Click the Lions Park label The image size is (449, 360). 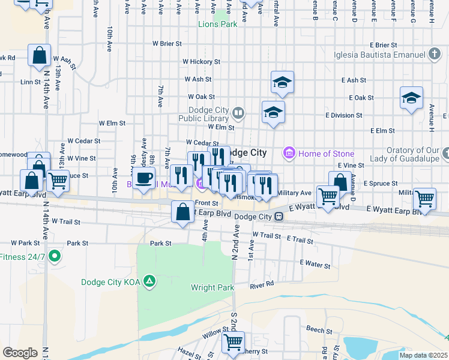[218, 24]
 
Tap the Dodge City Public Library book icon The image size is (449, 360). [238, 112]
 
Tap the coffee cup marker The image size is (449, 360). [144, 178]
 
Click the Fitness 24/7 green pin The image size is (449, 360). [55, 257]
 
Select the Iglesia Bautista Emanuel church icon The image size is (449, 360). [435, 55]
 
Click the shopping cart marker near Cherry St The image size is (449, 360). [233, 343]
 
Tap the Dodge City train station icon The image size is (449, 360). [279, 217]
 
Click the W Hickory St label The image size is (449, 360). [202, 62]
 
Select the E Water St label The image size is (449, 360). [315, 265]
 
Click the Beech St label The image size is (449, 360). [319, 331]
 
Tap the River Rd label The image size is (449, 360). [262, 284]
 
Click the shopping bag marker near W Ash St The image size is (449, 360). [39, 56]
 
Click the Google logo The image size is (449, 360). [20, 353]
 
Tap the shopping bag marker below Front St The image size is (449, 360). [183, 212]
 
